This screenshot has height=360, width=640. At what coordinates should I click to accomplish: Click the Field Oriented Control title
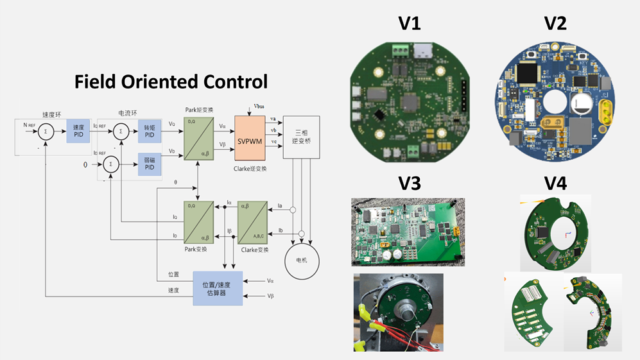click(171, 81)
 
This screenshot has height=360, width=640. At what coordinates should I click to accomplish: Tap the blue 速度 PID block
click(78, 132)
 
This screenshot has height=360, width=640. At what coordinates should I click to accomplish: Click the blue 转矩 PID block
click(149, 132)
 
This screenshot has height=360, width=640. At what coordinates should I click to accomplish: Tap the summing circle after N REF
click(46, 132)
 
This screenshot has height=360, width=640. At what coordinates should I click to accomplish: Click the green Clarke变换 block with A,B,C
click(251, 220)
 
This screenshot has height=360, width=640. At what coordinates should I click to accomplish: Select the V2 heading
click(555, 24)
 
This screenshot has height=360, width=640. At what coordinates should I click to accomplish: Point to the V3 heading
click(409, 184)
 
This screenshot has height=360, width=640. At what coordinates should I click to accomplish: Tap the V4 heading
click(555, 184)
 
